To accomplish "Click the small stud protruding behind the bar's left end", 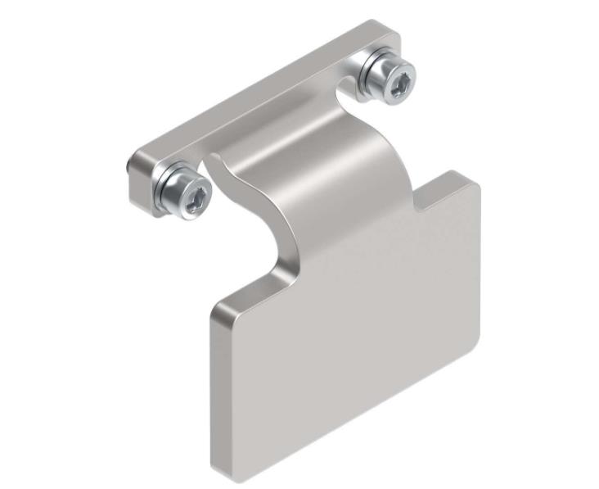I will point(128,167).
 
